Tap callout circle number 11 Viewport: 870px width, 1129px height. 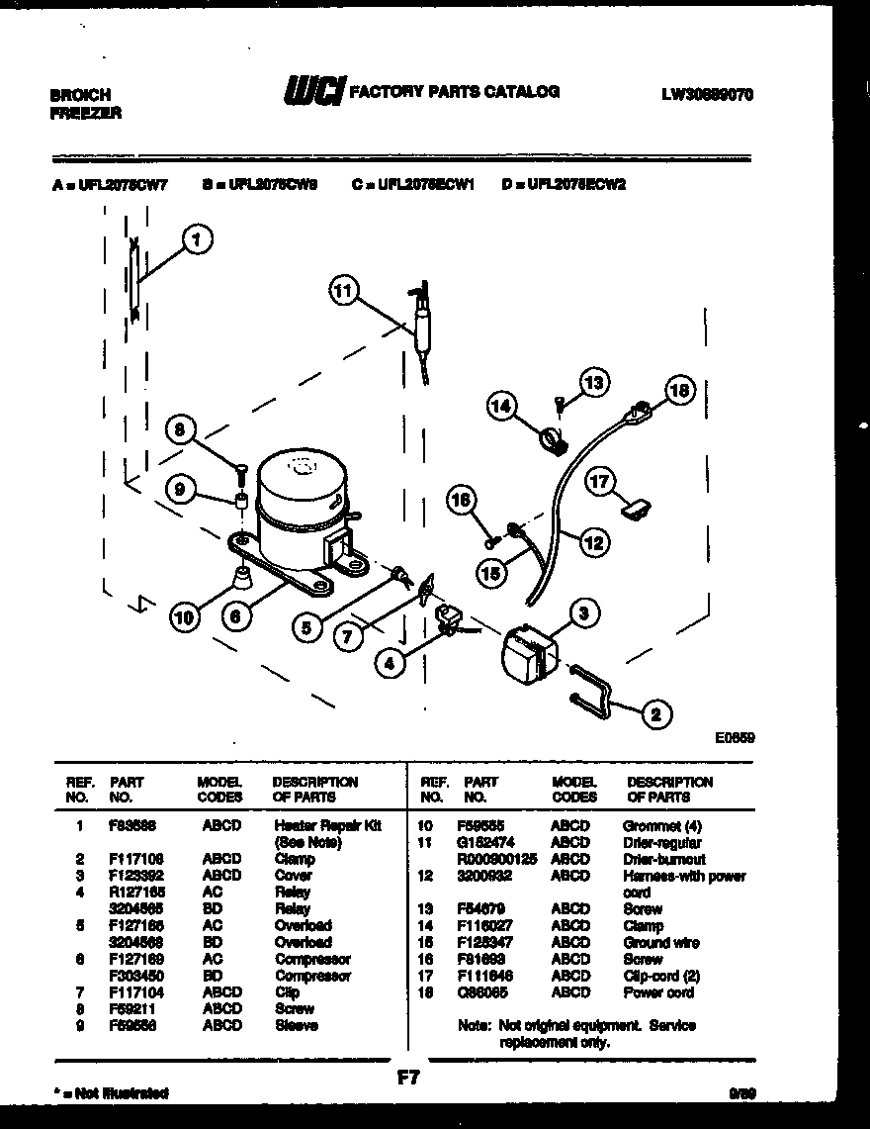(343, 290)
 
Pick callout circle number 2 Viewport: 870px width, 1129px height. (653, 712)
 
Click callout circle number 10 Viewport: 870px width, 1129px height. (183, 618)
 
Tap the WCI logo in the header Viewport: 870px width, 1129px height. (313, 92)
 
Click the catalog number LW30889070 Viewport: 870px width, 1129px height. (707, 95)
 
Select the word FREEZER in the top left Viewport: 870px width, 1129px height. (85, 113)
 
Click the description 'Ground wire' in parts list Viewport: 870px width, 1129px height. (660, 942)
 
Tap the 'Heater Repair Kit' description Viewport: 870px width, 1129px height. (326, 825)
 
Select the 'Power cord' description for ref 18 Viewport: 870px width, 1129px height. (657, 992)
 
